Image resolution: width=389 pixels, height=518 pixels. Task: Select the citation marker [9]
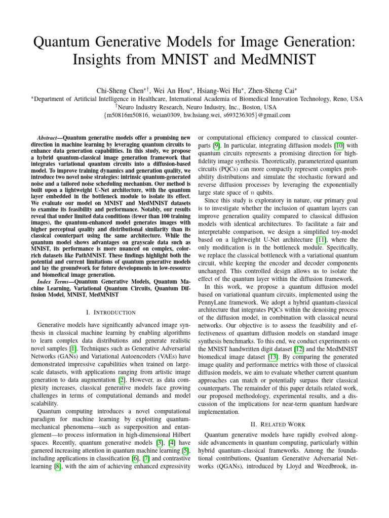(216, 146)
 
